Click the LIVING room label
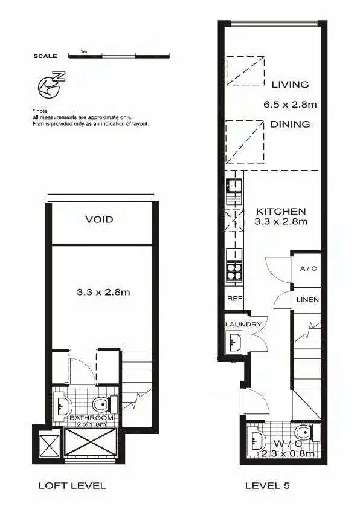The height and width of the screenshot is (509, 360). [290, 85]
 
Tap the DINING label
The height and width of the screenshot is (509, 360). [291, 124]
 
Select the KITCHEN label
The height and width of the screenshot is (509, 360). [281, 212]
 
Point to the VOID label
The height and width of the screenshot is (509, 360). [99, 219]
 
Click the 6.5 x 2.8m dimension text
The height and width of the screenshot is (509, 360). [290, 104]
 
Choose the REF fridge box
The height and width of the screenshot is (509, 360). [233, 299]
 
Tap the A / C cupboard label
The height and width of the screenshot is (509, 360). [304, 268]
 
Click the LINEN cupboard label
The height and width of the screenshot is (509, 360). [307, 300]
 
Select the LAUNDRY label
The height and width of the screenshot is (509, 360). [243, 325]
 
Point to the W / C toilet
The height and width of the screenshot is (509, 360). [305, 433]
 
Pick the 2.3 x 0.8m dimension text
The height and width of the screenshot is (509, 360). [288, 453]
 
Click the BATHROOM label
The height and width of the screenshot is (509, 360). [91, 418]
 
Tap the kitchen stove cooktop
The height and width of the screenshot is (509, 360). [233, 273]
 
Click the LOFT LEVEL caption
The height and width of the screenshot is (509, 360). [72, 485]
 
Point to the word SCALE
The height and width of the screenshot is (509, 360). [45, 56]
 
